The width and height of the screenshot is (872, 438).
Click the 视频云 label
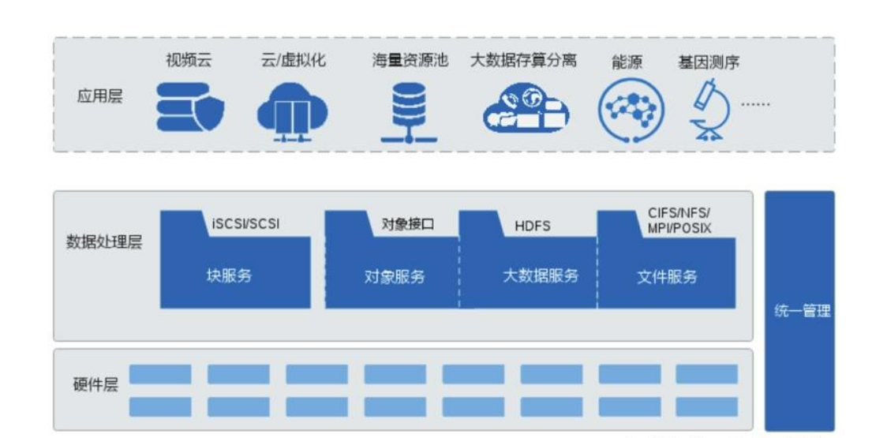(x=188, y=61)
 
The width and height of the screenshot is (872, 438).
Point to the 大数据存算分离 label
(x=523, y=61)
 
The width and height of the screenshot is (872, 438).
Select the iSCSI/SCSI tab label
(x=245, y=224)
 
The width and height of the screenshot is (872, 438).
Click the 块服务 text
(x=230, y=276)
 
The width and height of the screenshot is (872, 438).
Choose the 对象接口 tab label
(x=407, y=224)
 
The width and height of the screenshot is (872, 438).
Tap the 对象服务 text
(x=395, y=277)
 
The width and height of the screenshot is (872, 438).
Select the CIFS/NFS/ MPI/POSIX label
(x=679, y=220)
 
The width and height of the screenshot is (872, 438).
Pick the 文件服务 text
(x=668, y=277)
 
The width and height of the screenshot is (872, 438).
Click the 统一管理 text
(x=801, y=310)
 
